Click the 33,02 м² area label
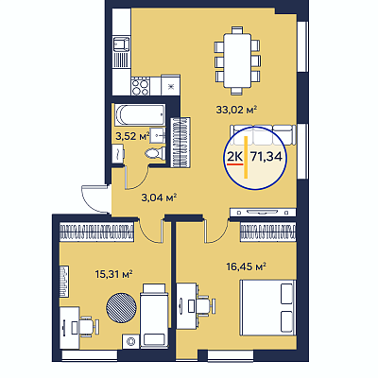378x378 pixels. (x=237, y=110)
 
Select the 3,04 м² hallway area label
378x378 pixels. (x=159, y=198)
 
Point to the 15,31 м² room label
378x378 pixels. (x=113, y=274)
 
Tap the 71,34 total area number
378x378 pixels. (x=266, y=156)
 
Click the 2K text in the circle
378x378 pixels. (x=234, y=156)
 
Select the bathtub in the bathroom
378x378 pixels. (x=140, y=115)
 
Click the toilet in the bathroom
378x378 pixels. (x=155, y=153)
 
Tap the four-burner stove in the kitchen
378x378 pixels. (x=140, y=86)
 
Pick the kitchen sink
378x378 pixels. (x=122, y=44)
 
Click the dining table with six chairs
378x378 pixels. (x=237, y=60)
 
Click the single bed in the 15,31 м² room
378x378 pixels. (x=154, y=315)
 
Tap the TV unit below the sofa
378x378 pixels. (x=263, y=213)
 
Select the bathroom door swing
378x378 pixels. (x=137, y=178)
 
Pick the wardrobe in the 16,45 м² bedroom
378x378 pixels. (x=268, y=232)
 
